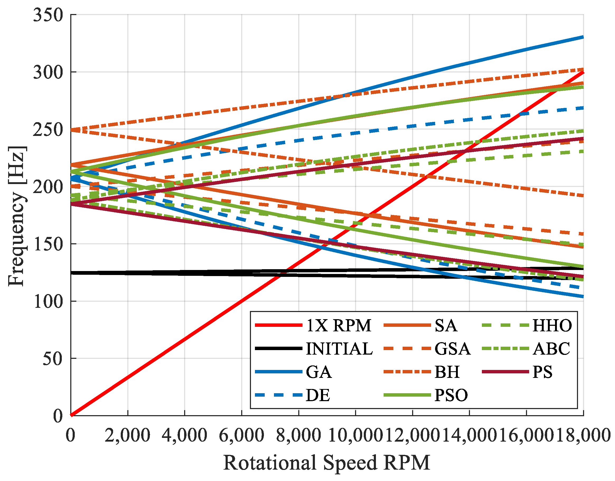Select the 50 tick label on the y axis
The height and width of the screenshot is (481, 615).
(53, 359)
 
